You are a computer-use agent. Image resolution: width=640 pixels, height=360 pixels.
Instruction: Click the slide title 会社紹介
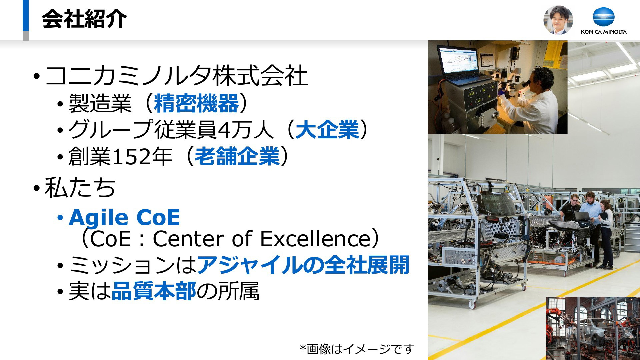[x=84, y=19]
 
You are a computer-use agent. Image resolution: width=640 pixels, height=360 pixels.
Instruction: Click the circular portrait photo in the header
[x=558, y=20]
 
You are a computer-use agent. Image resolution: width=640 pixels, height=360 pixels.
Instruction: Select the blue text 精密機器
[x=197, y=103]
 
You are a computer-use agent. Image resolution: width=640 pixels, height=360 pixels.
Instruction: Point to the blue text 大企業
[x=327, y=130]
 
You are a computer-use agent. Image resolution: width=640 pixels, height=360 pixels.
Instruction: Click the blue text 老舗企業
[x=237, y=156]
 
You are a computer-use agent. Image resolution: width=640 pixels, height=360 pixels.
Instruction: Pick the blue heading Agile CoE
[x=124, y=218]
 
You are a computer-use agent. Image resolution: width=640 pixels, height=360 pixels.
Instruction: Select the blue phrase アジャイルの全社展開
[x=303, y=265]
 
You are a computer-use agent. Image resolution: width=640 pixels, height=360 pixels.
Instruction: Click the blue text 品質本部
[x=154, y=291]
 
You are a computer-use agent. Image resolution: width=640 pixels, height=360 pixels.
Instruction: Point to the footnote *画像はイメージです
[x=357, y=349]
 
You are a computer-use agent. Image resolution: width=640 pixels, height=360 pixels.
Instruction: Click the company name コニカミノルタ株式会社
[x=176, y=76]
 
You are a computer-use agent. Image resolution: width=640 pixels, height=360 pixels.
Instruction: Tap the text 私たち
[x=80, y=187]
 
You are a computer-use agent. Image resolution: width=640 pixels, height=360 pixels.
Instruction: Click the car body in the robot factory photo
[x=597, y=330]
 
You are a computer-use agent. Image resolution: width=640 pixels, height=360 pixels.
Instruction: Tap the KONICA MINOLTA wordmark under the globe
[x=604, y=32]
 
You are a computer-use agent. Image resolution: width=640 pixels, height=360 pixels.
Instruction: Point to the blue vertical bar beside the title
[x=26, y=15]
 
